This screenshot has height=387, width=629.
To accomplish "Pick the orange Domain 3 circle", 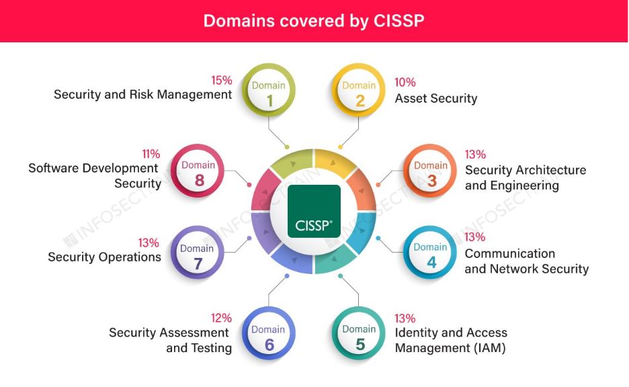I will (x=431, y=171).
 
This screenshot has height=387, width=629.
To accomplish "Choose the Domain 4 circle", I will (x=430, y=253).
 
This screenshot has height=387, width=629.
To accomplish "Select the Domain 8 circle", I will (x=198, y=171).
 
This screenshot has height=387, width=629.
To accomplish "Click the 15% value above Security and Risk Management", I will (x=222, y=80).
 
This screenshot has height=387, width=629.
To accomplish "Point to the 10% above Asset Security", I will (x=405, y=82).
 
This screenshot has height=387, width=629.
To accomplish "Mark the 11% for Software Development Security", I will (x=151, y=154).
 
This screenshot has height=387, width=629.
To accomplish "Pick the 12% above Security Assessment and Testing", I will (x=221, y=318).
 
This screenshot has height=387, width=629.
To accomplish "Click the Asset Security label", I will (x=435, y=99).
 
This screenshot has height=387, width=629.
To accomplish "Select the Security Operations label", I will (x=104, y=257).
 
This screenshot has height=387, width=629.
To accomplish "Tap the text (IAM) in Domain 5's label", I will (x=489, y=348).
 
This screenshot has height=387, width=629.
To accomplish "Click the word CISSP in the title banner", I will (x=396, y=21).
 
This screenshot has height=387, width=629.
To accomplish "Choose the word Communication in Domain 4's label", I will (x=509, y=253).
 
